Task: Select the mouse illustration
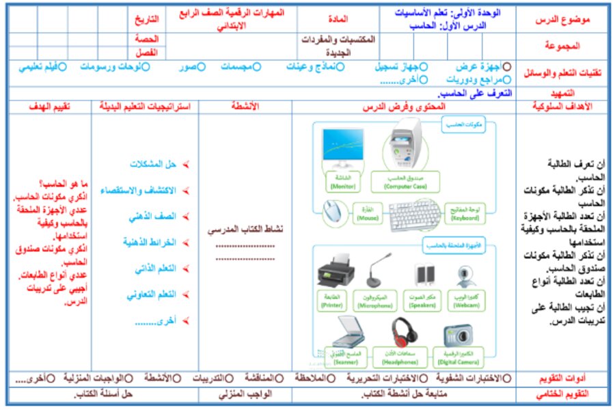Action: pos(334,211)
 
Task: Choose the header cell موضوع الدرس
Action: pos(562,20)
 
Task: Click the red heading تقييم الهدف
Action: pos(51,107)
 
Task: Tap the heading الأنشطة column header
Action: pos(245,107)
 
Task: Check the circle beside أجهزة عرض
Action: pos(506,67)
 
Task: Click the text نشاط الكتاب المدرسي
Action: pos(245,230)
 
